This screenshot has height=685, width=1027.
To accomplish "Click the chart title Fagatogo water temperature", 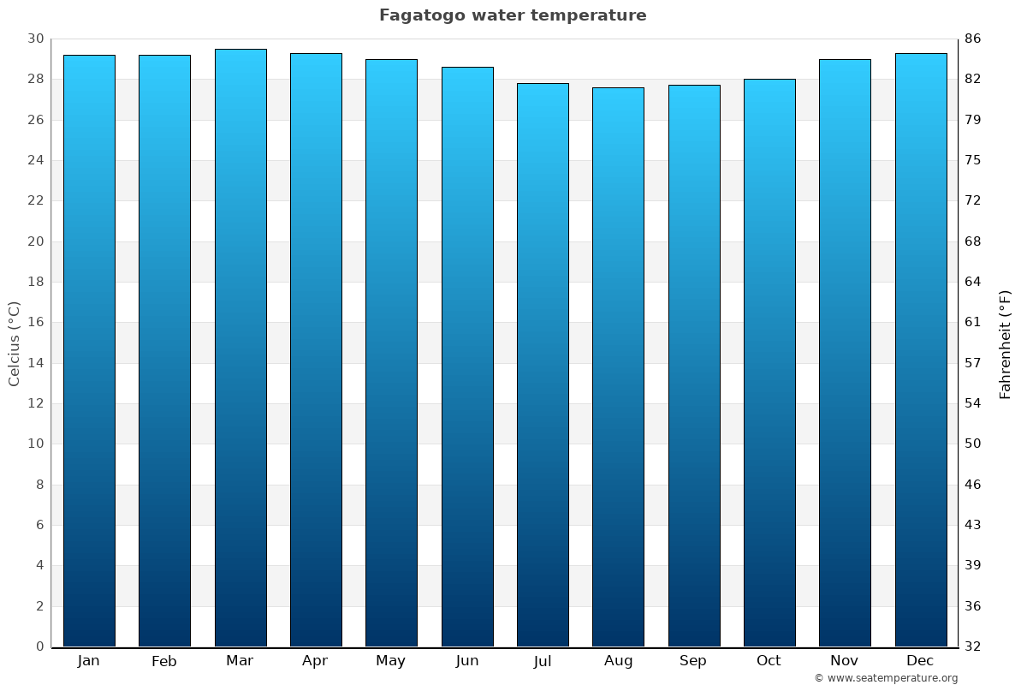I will coord(513,15).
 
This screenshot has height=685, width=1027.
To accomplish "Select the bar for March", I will coord(240,348).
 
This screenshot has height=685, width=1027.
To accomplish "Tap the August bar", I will coord(618,366).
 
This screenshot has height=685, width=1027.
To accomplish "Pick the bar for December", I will coord(921,349).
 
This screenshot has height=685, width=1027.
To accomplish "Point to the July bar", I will coord(543,365).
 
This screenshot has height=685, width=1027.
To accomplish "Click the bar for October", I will coord(769,362).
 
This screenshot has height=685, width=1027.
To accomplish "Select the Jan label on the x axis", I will coord(88,661).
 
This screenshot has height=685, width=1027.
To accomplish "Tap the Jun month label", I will coord(467,661).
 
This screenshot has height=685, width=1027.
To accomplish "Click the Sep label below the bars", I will coord(693,661).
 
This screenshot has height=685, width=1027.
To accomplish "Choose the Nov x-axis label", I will coord(845,661).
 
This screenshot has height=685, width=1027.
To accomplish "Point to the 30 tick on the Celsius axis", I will coord(35,39).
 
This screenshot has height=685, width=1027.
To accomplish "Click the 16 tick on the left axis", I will coord(35,323).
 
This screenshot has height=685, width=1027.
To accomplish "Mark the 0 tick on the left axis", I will coord(39,646).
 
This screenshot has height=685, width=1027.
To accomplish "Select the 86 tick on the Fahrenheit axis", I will coord(973,39).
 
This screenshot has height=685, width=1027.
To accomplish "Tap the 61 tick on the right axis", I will coord(973,323).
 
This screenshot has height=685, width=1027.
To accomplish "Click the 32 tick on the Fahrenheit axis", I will coord(973,646).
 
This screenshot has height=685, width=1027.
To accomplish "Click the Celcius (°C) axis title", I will coord(14,343).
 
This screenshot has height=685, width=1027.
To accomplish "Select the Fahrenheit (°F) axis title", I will coord(1006,343).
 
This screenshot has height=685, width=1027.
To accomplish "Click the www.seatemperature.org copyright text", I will coord(886,678).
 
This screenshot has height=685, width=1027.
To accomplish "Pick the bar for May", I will coord(391,353).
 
